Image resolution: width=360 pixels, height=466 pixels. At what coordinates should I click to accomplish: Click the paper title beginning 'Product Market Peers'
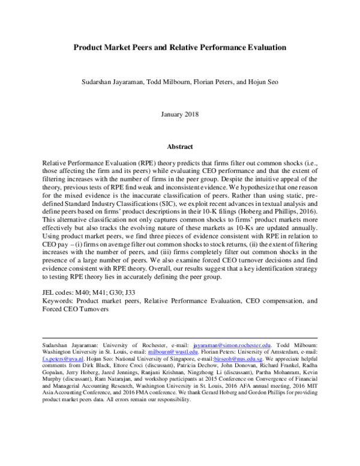tap(179, 46)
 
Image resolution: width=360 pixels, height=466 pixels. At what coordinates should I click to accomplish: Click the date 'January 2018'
tap(179, 114)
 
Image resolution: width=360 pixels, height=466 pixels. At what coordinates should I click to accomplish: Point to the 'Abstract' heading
tap(179, 146)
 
